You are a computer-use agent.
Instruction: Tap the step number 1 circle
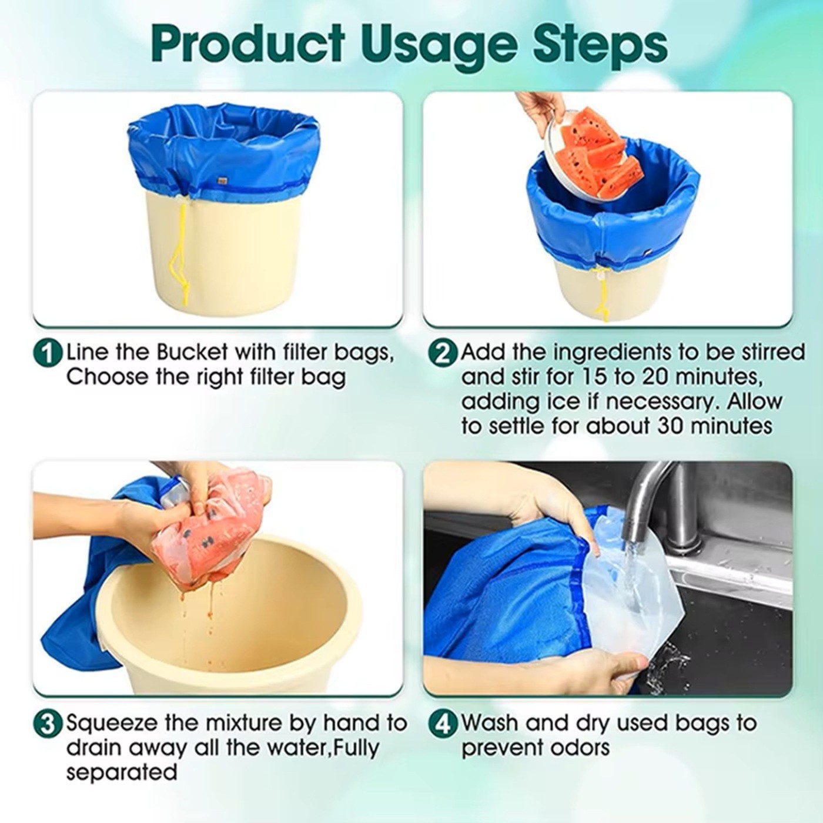point(48,354)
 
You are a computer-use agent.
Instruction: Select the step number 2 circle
point(442,354)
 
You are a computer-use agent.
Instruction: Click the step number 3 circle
point(48,725)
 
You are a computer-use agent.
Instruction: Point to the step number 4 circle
point(442,725)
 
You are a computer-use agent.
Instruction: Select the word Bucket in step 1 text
point(192,353)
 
